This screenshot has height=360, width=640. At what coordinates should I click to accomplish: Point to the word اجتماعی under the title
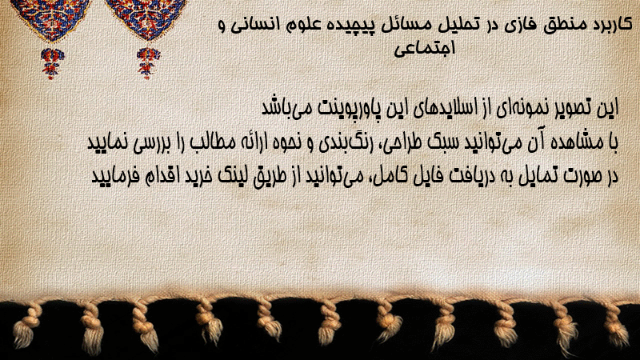click(x=424, y=48)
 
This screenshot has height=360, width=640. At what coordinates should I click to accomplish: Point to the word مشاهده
click(x=572, y=142)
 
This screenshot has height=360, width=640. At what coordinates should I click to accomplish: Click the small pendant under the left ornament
click(x=52, y=63)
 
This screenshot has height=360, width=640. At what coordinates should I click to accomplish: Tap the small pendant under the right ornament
click(x=148, y=62)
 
